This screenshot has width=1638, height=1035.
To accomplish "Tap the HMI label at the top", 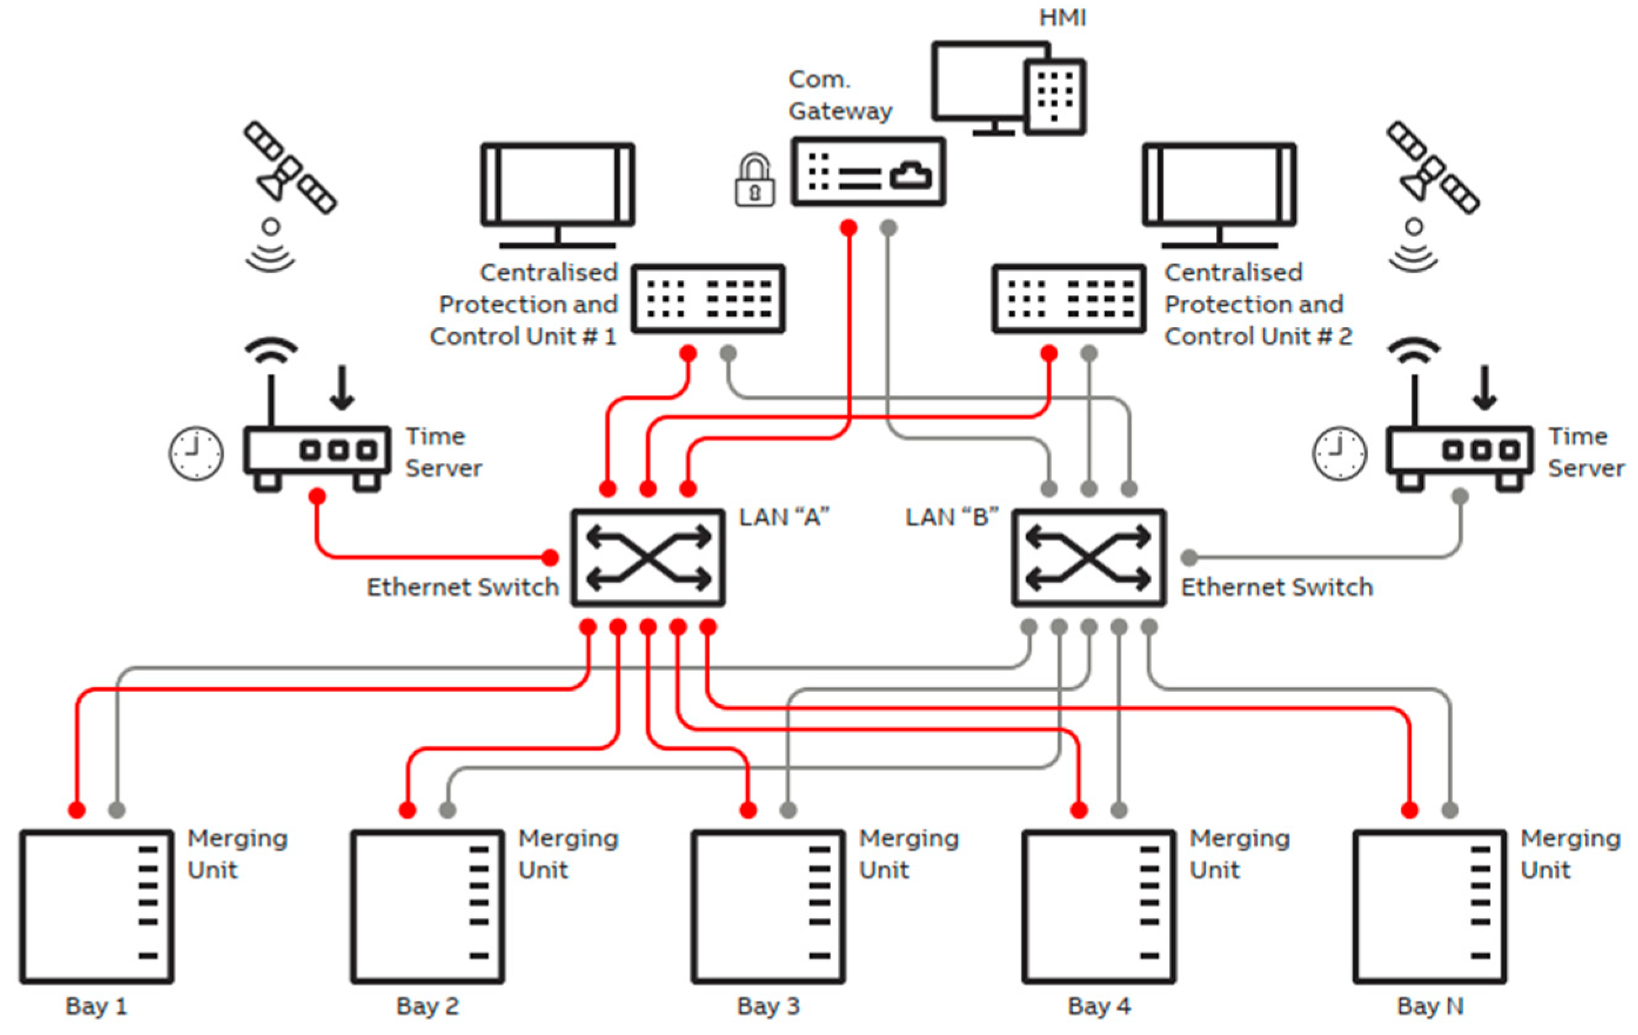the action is (1062, 18).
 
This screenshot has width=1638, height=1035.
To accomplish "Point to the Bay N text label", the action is (1430, 1006).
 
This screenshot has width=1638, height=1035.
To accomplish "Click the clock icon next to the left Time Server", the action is (196, 454).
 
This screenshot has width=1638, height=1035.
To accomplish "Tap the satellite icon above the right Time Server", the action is (1433, 167).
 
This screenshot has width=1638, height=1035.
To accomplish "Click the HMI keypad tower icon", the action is (1054, 97).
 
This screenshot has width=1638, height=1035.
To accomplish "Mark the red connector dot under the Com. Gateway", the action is (848, 227).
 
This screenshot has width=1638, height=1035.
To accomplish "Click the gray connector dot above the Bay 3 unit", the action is (788, 810).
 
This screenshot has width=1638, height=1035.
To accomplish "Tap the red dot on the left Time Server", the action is (317, 496).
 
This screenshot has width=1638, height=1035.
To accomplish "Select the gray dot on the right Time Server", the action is (1460, 496).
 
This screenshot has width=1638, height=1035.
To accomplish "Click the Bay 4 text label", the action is (1099, 1006).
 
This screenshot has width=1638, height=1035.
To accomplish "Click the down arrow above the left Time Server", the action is (342, 388).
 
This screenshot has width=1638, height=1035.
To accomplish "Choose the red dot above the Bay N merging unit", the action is (1410, 810).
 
